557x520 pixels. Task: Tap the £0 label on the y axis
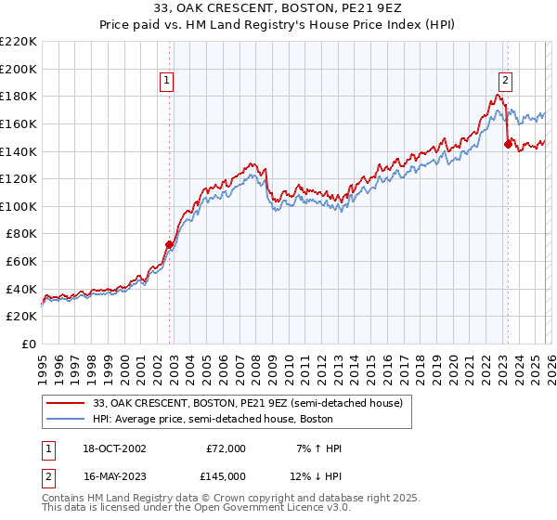click(27, 344)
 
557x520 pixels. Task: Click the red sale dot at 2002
click(169, 245)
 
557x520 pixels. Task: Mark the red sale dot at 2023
click(508, 144)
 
